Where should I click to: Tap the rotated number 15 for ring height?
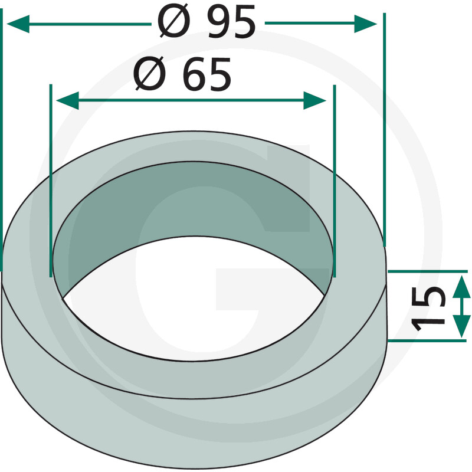427,309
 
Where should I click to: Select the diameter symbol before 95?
174,21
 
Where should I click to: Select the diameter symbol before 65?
150,73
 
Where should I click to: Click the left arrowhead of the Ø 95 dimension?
18,24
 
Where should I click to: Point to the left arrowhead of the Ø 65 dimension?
67,100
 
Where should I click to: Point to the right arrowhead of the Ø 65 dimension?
315,100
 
